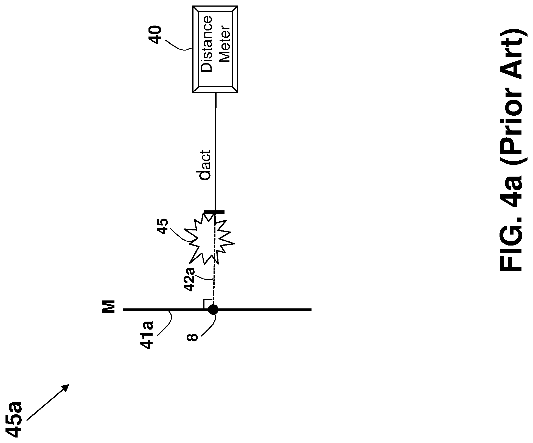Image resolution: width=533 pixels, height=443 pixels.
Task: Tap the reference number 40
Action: [x=155, y=35]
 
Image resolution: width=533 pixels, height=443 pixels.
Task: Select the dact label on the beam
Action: [x=206, y=165]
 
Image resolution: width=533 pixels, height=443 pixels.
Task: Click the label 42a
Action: [x=190, y=280]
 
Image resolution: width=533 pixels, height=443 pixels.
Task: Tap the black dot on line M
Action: [x=213, y=310]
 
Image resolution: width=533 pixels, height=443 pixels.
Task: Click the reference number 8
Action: [x=192, y=337]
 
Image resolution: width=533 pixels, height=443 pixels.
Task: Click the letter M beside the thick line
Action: [x=109, y=307]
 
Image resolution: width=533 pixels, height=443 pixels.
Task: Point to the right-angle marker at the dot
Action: [x=208, y=303]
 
